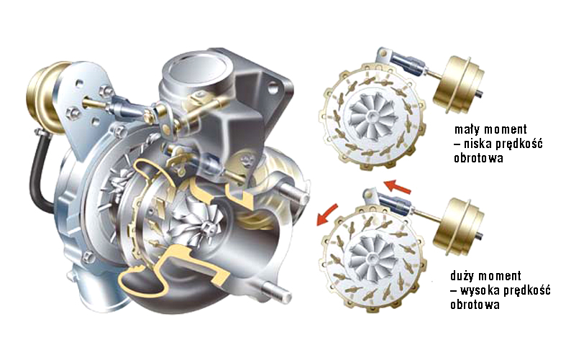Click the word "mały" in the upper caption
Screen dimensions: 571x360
[x=467, y=129]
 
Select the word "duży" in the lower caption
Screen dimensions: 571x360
[x=464, y=276]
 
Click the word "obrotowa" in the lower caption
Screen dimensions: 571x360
[x=475, y=304]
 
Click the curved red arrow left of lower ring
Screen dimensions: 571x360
[x=326, y=215]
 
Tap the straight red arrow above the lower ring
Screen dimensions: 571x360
[x=398, y=186]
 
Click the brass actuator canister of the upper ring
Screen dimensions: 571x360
[x=459, y=85]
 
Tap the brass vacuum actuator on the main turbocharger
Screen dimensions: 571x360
[x=44, y=96]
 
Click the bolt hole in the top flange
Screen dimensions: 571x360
[x=273, y=87]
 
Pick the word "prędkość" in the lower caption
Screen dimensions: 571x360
[x=527, y=291]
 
